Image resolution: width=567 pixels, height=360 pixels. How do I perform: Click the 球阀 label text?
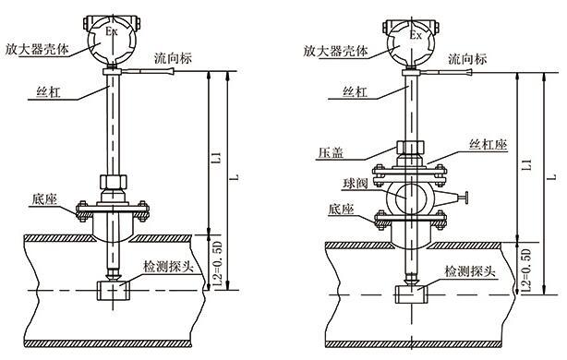coord(356,184)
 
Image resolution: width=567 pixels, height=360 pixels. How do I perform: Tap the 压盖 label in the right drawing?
coord(331,153)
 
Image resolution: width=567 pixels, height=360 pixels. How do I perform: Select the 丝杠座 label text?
coord(488,145)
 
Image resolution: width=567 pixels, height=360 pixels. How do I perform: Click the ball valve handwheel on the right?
coord(466,198)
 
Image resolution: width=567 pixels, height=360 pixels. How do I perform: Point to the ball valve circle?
coord(410,198)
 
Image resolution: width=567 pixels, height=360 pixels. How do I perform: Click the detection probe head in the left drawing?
coord(114,291)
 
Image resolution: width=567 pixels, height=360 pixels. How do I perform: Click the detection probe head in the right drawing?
coord(412,294)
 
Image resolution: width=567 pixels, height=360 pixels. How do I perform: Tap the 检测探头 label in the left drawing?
coord(168,267)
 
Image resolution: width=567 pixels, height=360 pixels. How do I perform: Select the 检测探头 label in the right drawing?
coord(469,270)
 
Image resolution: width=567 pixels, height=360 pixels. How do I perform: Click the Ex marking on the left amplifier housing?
coord(112,31)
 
